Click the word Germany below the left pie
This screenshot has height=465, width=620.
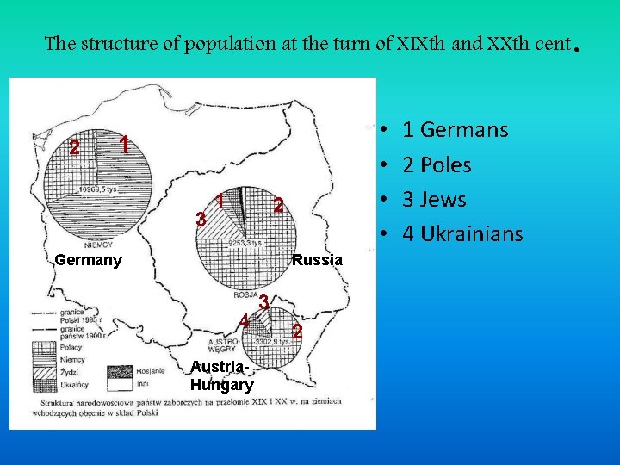88,259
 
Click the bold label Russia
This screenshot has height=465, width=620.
317,259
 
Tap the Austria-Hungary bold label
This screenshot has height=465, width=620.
221,377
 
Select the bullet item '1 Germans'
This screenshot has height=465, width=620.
455,130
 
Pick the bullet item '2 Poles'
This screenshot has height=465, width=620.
437,164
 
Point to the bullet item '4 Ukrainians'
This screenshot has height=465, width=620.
462,233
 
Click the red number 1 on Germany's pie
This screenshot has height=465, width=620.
125,145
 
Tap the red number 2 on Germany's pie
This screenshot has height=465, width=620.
75,148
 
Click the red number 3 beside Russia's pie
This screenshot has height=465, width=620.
201,220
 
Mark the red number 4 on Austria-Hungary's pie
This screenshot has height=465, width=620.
245,320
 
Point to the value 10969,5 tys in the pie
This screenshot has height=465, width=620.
98,189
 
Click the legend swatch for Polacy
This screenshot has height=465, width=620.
43,346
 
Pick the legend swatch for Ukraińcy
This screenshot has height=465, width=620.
43,384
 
